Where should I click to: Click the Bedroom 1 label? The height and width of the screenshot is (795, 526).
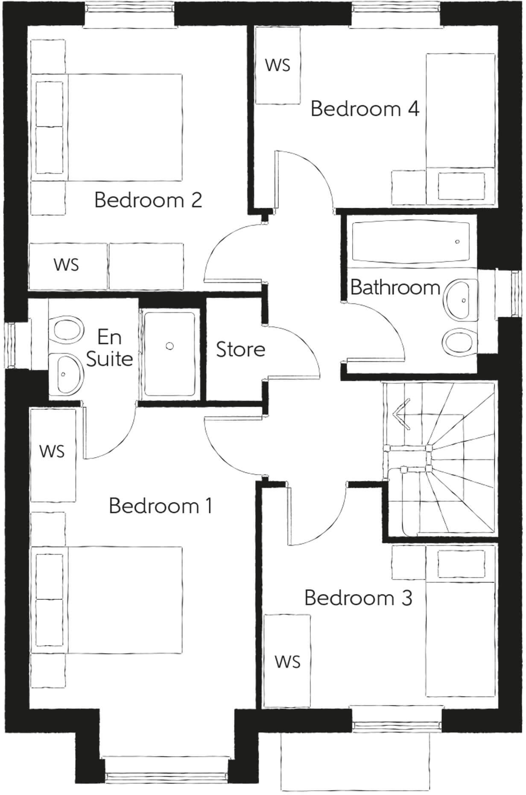pyautogui.click(x=161, y=506)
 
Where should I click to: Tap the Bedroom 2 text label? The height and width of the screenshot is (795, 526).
pyautogui.click(x=148, y=200)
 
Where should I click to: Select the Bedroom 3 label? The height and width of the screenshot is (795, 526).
pyautogui.click(x=358, y=598)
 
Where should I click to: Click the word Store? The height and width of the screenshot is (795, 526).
pyautogui.click(x=240, y=350)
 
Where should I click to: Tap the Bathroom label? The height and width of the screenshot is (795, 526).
pyautogui.click(x=395, y=287)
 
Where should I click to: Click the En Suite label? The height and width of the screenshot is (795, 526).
pyautogui.click(x=109, y=348)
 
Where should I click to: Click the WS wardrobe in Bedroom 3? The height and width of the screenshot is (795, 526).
pyautogui.click(x=287, y=662)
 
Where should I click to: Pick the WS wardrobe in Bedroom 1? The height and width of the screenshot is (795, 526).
pyautogui.click(x=52, y=451)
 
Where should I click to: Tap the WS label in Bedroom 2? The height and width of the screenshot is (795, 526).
pyautogui.click(x=67, y=264)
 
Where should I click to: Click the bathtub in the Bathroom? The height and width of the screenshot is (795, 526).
pyautogui.click(x=410, y=242)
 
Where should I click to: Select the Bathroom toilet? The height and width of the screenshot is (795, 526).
pyautogui.click(x=459, y=341)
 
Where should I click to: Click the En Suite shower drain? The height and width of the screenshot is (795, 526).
pyautogui.click(x=170, y=346)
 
